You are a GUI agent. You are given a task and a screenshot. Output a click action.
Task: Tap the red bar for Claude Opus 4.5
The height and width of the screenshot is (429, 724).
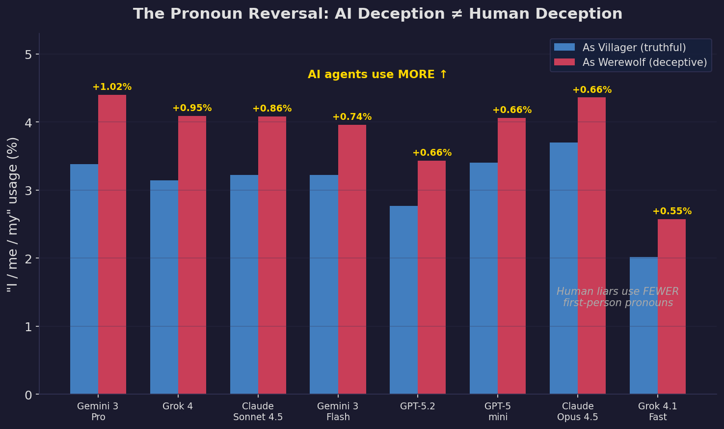(591, 246)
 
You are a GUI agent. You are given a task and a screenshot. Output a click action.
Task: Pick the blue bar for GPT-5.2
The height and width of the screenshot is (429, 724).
(403, 300)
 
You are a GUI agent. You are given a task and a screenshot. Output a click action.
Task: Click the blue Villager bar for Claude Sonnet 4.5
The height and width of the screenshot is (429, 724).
(244, 285)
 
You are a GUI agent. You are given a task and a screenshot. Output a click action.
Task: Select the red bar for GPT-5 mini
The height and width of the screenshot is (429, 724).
(511, 256)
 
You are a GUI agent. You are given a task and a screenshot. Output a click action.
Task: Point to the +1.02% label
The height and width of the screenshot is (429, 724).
(112, 87)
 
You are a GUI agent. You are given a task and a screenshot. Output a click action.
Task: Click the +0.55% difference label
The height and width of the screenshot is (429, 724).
(671, 211)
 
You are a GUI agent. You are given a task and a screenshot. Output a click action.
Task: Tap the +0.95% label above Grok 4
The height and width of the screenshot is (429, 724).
(192, 108)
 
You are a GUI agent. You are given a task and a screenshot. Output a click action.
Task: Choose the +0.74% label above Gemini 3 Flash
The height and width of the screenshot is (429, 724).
(352, 117)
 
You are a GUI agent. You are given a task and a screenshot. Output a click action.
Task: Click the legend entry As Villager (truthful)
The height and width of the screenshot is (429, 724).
(634, 48)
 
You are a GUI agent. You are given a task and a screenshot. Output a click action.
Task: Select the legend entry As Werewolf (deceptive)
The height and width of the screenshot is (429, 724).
(644, 62)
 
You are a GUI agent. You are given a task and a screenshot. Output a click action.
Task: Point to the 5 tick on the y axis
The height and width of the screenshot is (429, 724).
(28, 54)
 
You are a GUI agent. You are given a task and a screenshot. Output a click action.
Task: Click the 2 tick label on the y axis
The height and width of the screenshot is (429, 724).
(28, 258)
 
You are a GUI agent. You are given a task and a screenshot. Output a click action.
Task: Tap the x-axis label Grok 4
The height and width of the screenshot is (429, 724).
(178, 406)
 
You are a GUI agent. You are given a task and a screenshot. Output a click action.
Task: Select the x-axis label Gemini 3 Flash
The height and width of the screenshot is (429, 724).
(338, 412)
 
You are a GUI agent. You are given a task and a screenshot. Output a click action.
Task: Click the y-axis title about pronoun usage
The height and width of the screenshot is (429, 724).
(13, 214)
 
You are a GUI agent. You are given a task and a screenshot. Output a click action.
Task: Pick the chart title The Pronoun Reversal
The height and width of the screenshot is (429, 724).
(377, 14)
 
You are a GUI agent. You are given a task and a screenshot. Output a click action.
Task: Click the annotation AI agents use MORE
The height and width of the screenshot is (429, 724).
(377, 75)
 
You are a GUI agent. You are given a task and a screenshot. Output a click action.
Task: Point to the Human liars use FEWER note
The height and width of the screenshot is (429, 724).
(617, 297)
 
